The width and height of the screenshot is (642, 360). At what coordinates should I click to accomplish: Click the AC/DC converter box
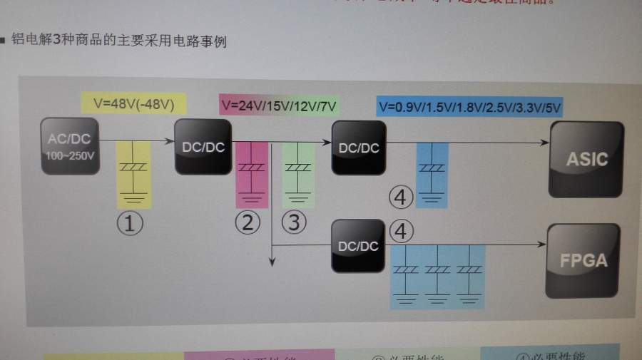tap(71, 147)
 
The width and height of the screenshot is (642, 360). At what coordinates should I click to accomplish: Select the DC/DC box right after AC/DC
tap(203, 146)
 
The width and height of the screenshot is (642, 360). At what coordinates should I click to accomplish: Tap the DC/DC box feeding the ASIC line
tap(358, 147)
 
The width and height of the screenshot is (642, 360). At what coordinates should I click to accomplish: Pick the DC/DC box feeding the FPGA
tap(358, 246)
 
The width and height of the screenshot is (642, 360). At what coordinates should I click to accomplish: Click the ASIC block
tap(586, 158)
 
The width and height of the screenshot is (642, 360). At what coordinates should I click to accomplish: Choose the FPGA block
tap(583, 260)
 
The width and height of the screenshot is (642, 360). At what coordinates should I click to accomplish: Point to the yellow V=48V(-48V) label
tap(134, 103)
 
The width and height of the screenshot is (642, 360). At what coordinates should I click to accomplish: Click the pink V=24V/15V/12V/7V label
tap(279, 106)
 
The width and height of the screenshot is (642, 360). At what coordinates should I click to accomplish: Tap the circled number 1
tap(130, 223)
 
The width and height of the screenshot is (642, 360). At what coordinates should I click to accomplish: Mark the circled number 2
tap(248, 222)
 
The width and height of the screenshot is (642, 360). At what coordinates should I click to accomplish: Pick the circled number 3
tap(294, 222)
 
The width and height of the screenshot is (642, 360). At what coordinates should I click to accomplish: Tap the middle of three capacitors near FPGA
tap(437, 270)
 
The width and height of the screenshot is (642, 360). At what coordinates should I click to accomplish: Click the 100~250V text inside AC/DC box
tap(71, 154)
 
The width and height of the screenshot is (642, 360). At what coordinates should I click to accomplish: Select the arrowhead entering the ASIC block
tap(544, 143)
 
